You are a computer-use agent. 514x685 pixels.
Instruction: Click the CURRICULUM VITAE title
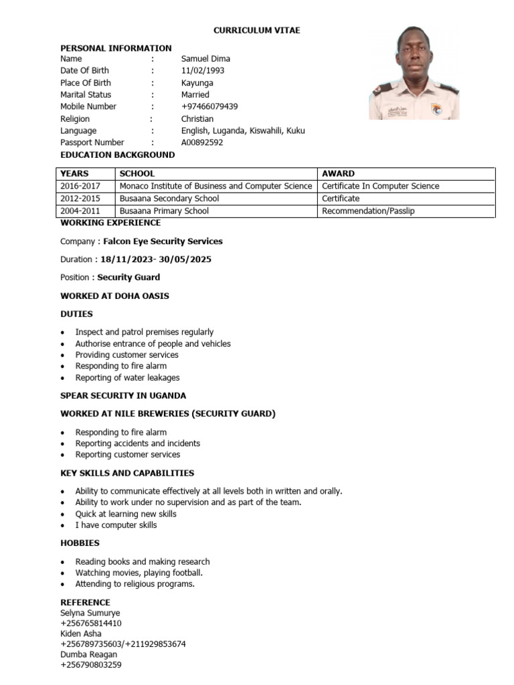pyautogui.click(x=257, y=31)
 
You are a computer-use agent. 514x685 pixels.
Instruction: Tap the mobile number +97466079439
pyautogui.click(x=209, y=107)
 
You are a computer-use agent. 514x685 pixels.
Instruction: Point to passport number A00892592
pyautogui.click(x=202, y=143)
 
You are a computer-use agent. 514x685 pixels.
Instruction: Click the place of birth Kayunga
pyautogui.click(x=197, y=83)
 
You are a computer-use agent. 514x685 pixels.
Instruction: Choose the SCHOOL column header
pyautogui.click(x=137, y=174)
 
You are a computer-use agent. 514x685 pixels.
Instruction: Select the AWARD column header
pyautogui.click(x=338, y=174)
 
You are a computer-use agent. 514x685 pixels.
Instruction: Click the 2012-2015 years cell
pyautogui.click(x=80, y=199)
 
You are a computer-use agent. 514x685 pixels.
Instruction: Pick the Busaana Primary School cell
pyautogui.click(x=164, y=211)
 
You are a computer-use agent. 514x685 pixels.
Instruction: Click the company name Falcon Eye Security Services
pyautogui.click(x=163, y=241)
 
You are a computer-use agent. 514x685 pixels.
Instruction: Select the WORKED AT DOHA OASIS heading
pyautogui.click(x=114, y=296)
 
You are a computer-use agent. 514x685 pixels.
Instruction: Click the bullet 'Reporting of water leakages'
pyautogui.click(x=127, y=378)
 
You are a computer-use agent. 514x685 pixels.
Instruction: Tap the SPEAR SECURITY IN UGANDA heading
pyautogui.click(x=123, y=396)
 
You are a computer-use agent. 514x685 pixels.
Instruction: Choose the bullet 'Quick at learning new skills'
pyautogui.click(x=126, y=514)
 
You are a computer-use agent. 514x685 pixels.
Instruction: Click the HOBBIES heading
pyautogui.click(x=80, y=543)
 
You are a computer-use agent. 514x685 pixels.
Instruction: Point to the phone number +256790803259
pyautogui.click(x=91, y=666)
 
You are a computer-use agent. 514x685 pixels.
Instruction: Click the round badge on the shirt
pyautogui.click(x=436, y=108)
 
